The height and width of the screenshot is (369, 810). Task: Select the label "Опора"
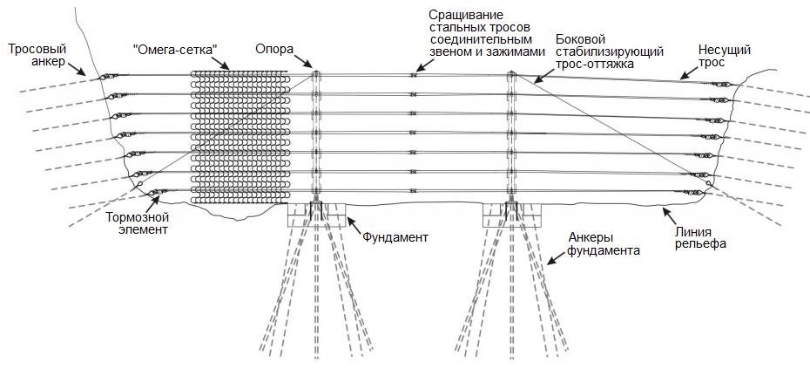pyautogui.click(x=274, y=50)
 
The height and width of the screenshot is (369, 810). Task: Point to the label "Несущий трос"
pyautogui.click(x=724, y=57)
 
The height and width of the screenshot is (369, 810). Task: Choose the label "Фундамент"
pyautogui.click(x=395, y=236)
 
